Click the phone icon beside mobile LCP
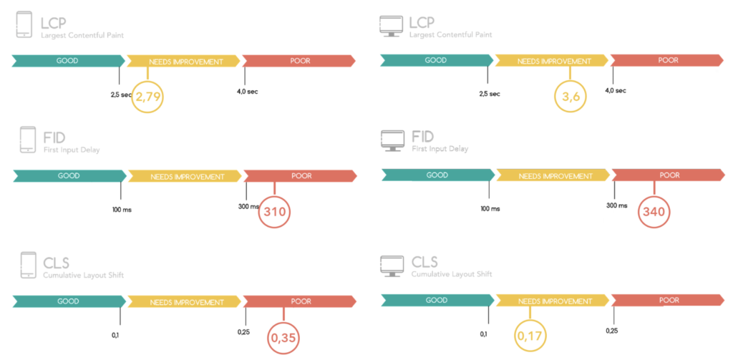(x=24, y=24)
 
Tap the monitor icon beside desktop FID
(x=392, y=140)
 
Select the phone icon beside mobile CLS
(x=29, y=266)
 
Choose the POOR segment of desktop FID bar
(x=669, y=175)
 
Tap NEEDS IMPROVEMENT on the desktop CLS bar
(x=552, y=301)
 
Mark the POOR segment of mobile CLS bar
(x=300, y=301)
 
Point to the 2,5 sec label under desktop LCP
(x=490, y=94)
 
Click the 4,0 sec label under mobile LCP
(x=247, y=91)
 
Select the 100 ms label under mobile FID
(x=122, y=210)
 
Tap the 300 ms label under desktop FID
(x=616, y=205)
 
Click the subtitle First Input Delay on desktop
(x=440, y=149)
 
